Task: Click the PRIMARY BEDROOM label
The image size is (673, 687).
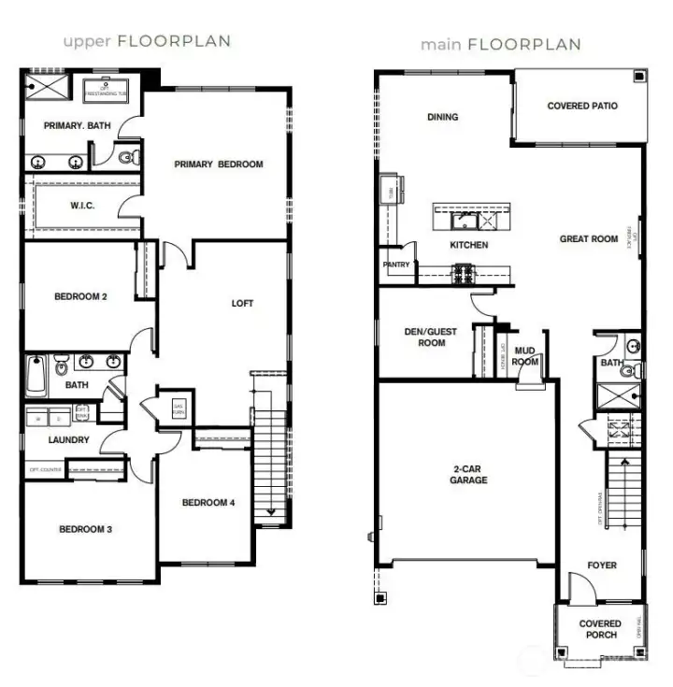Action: point(219,165)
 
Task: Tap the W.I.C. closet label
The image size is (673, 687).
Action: point(82,206)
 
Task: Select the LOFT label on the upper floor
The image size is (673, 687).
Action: point(242,303)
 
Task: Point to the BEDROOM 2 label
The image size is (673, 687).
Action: point(80,297)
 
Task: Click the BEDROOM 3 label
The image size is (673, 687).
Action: point(85,529)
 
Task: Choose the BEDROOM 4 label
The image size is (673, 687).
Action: point(208,503)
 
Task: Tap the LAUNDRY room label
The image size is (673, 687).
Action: point(68,440)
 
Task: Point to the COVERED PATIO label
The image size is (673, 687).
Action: point(582,107)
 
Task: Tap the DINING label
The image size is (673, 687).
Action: point(442,118)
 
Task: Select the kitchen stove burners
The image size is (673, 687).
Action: point(464,274)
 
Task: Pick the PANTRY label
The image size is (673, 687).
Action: point(396,265)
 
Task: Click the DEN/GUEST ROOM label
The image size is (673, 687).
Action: point(425,336)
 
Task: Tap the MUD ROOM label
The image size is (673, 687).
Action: point(525,356)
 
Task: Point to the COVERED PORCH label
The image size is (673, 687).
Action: point(600,629)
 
